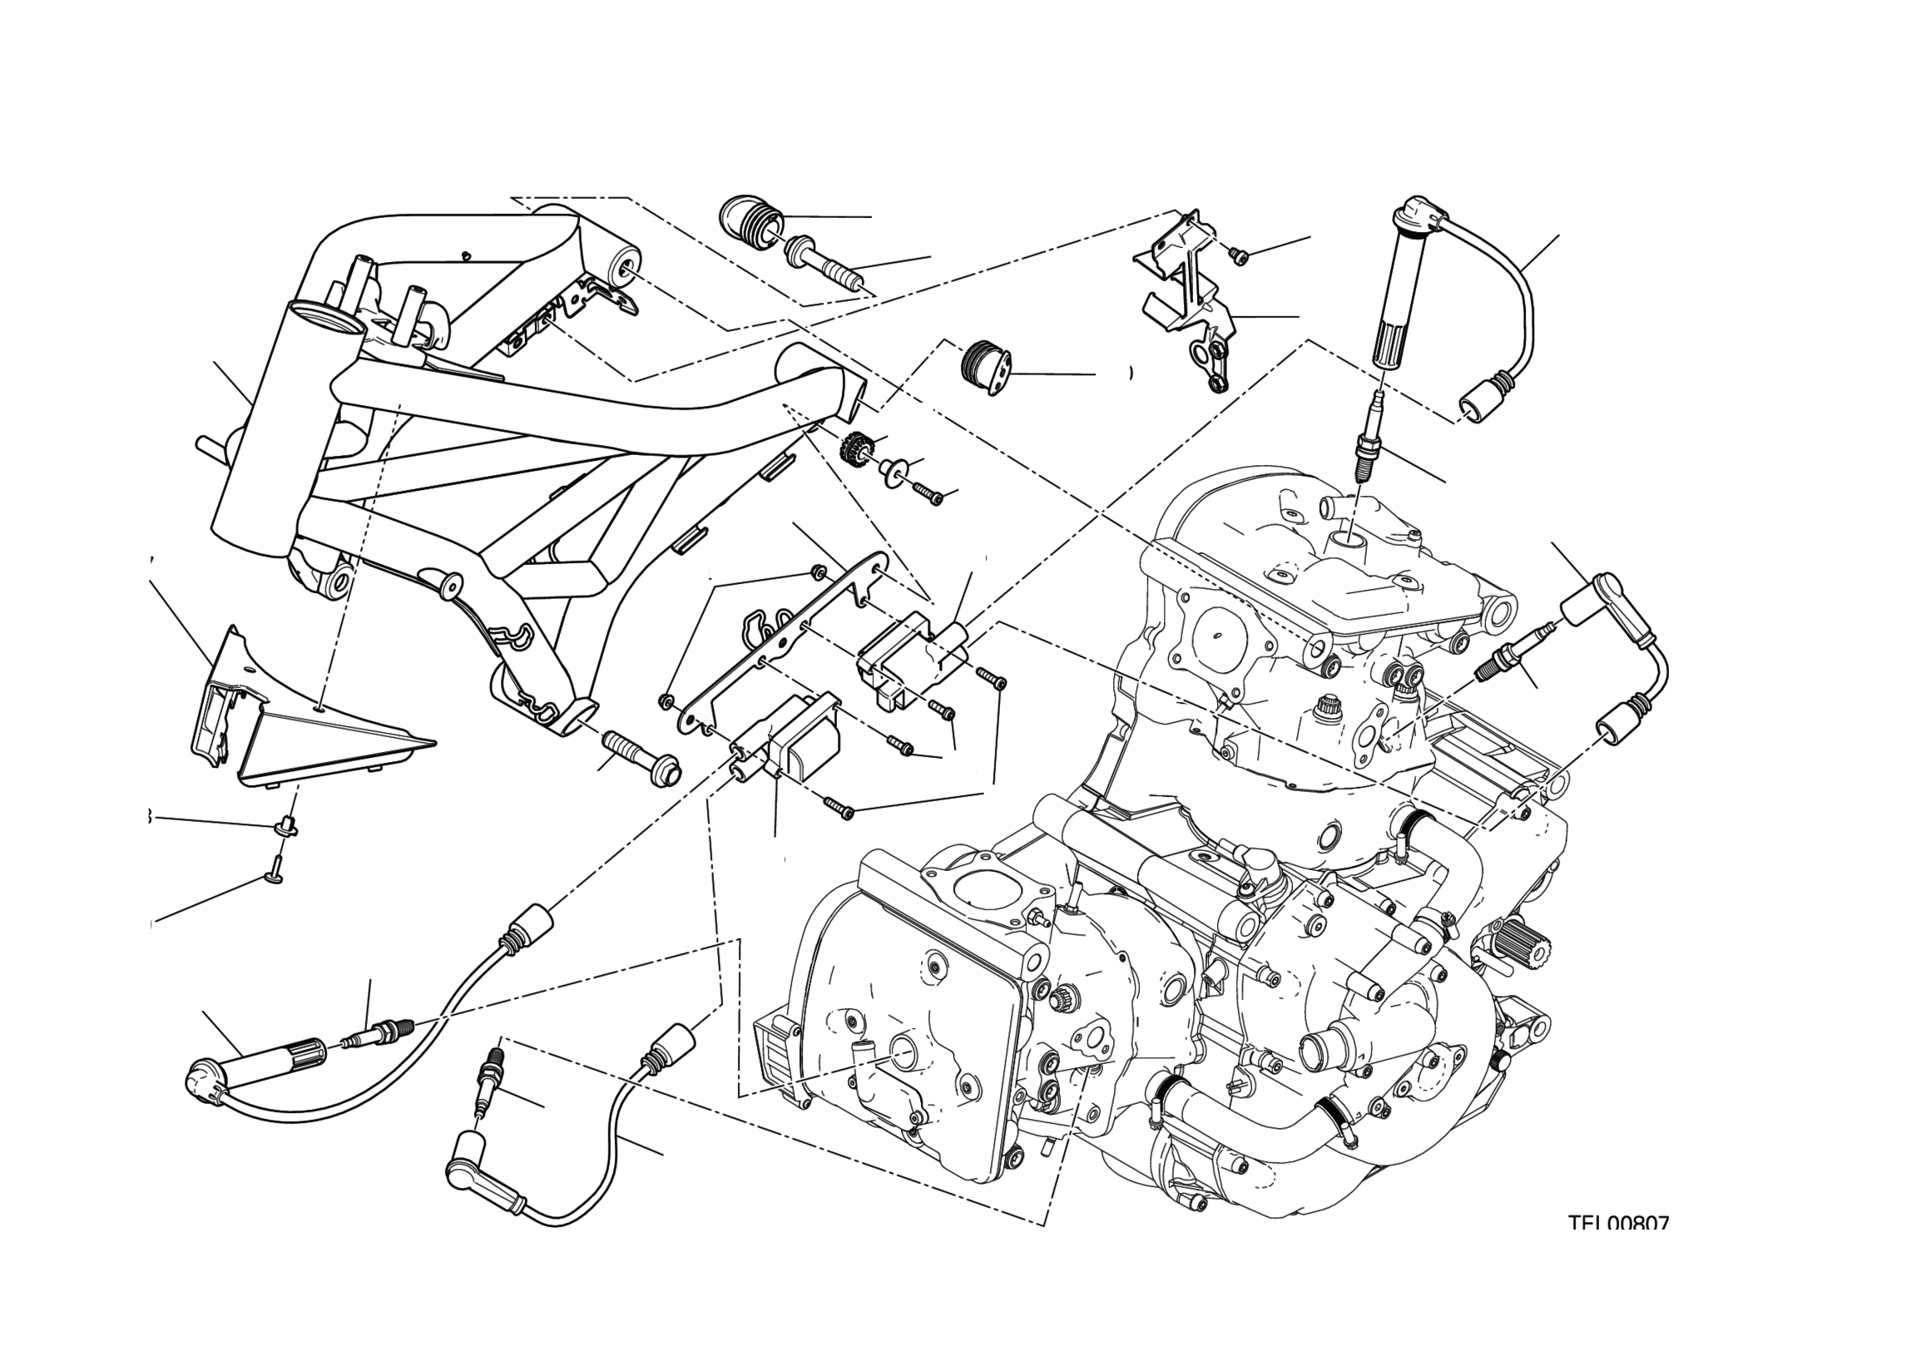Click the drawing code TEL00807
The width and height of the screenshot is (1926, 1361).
1618,1246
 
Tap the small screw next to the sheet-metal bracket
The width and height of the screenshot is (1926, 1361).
1239,254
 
